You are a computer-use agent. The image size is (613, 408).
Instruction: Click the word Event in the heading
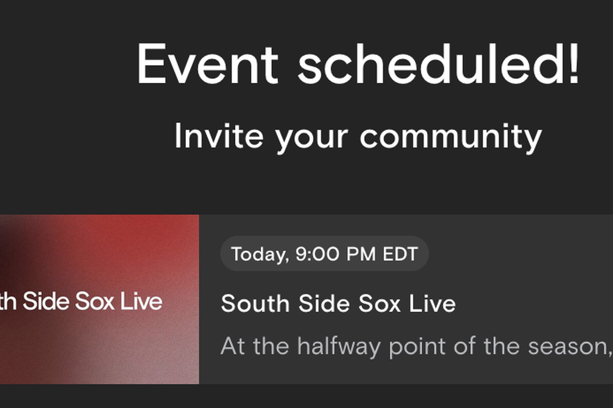(x=208, y=64)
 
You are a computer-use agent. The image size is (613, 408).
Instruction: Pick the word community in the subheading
(x=451, y=138)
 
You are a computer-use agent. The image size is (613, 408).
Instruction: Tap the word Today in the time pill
(x=260, y=255)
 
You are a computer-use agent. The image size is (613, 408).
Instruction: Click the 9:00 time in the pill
(x=317, y=254)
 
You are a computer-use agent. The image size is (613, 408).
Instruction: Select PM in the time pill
(x=361, y=254)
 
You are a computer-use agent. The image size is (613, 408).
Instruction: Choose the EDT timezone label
(x=401, y=254)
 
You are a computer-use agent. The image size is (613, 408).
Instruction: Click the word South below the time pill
(x=255, y=303)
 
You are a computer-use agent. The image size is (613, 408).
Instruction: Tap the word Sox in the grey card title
(x=379, y=303)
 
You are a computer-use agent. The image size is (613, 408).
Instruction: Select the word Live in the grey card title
(x=432, y=303)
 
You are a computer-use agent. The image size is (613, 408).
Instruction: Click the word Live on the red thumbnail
(x=141, y=301)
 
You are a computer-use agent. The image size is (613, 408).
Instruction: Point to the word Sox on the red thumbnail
(x=95, y=301)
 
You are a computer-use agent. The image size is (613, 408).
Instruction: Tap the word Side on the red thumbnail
(x=46, y=301)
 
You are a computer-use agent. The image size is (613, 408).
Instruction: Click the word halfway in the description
(x=339, y=346)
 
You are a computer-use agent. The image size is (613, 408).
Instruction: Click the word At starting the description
(x=233, y=346)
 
